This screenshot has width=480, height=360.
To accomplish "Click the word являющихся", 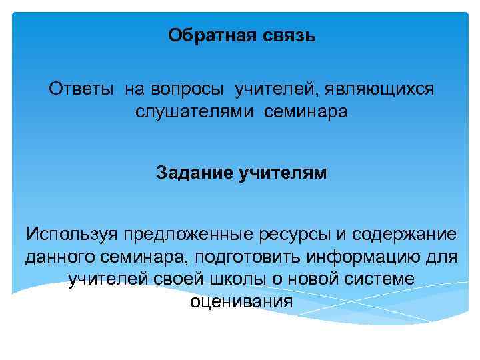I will coord(377,89).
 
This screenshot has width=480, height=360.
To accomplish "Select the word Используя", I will coord(70,234).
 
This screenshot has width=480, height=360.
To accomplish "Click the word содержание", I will coord(403,234).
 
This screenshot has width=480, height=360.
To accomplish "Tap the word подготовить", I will coord(240,257).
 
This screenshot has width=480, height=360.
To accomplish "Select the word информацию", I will coord(359,257).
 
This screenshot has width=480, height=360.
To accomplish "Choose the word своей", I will coord(172,279).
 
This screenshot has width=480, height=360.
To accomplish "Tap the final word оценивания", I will coord(241,301).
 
